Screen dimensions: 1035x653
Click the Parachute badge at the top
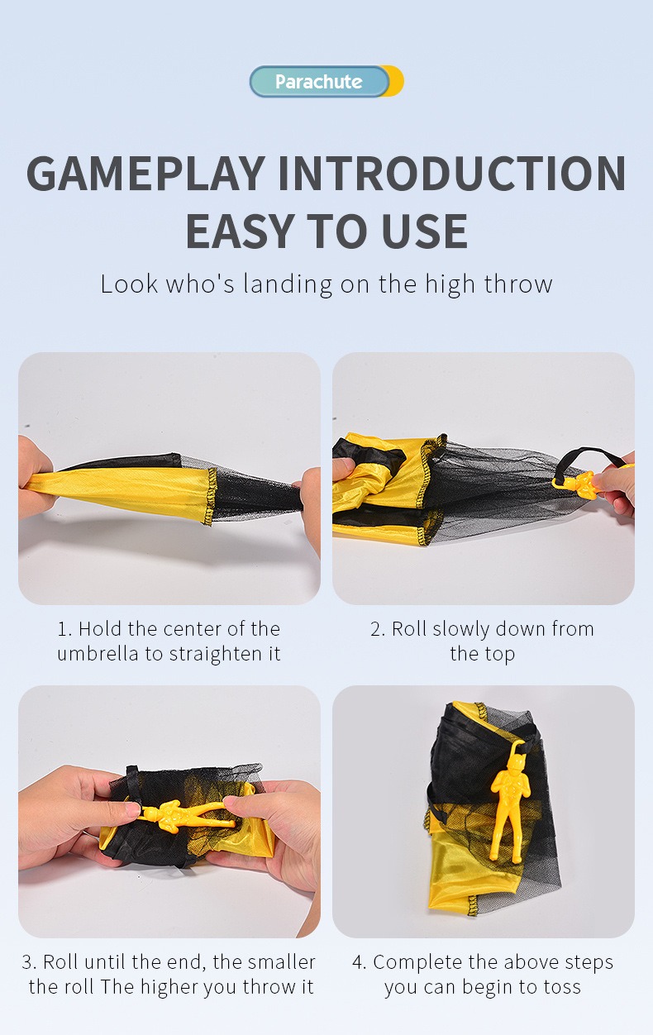[319, 82]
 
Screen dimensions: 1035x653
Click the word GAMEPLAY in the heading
[145, 174]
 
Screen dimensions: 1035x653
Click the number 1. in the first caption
[64, 629]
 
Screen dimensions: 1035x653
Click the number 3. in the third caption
[29, 962]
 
